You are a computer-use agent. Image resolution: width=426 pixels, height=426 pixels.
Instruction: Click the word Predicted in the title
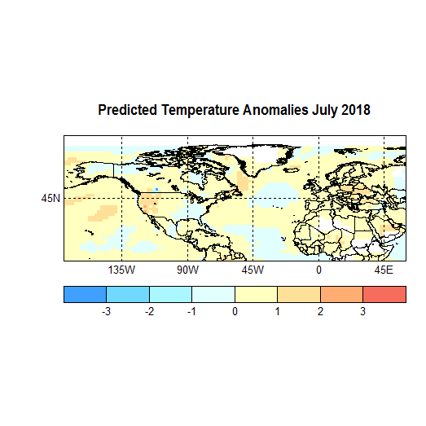point(128,109)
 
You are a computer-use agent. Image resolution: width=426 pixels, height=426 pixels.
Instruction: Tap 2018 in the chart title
point(355,109)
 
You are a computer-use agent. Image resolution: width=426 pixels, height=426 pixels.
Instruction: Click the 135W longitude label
point(121,270)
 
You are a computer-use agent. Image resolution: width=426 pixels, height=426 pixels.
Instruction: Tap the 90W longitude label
point(187,270)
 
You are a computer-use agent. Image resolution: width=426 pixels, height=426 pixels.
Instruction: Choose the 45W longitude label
point(253,270)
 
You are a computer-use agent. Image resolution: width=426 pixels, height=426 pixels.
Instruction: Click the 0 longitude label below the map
point(318,270)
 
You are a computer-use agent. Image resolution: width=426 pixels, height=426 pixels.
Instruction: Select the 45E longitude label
point(384,270)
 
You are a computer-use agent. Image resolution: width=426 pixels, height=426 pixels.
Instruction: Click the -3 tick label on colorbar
point(105,312)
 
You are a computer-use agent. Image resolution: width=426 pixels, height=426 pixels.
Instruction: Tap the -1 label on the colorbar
point(191,312)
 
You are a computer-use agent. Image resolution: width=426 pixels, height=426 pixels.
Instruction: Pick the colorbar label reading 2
point(320,312)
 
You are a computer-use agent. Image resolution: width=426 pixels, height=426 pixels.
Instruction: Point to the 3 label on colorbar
point(362,312)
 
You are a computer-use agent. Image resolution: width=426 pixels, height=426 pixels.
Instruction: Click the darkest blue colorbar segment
point(85,294)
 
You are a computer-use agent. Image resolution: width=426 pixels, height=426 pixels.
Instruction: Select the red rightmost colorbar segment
point(384,294)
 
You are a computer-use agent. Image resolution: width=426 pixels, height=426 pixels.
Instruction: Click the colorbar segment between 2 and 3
point(341,294)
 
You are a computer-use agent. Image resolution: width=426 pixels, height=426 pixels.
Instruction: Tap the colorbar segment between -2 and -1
point(170,294)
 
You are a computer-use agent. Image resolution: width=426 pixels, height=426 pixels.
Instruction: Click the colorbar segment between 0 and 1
point(256,294)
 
